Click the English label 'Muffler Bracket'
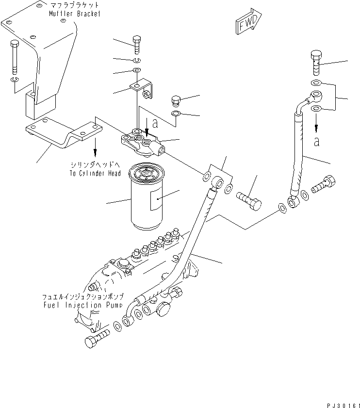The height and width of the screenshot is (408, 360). (75, 14)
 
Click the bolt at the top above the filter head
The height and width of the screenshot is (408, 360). (137, 45)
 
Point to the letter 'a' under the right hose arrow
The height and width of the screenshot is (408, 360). (316, 141)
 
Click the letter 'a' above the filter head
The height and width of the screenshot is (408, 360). (154, 123)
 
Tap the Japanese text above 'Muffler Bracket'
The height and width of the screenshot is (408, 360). (74, 5)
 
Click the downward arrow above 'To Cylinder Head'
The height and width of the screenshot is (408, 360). (95, 145)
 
